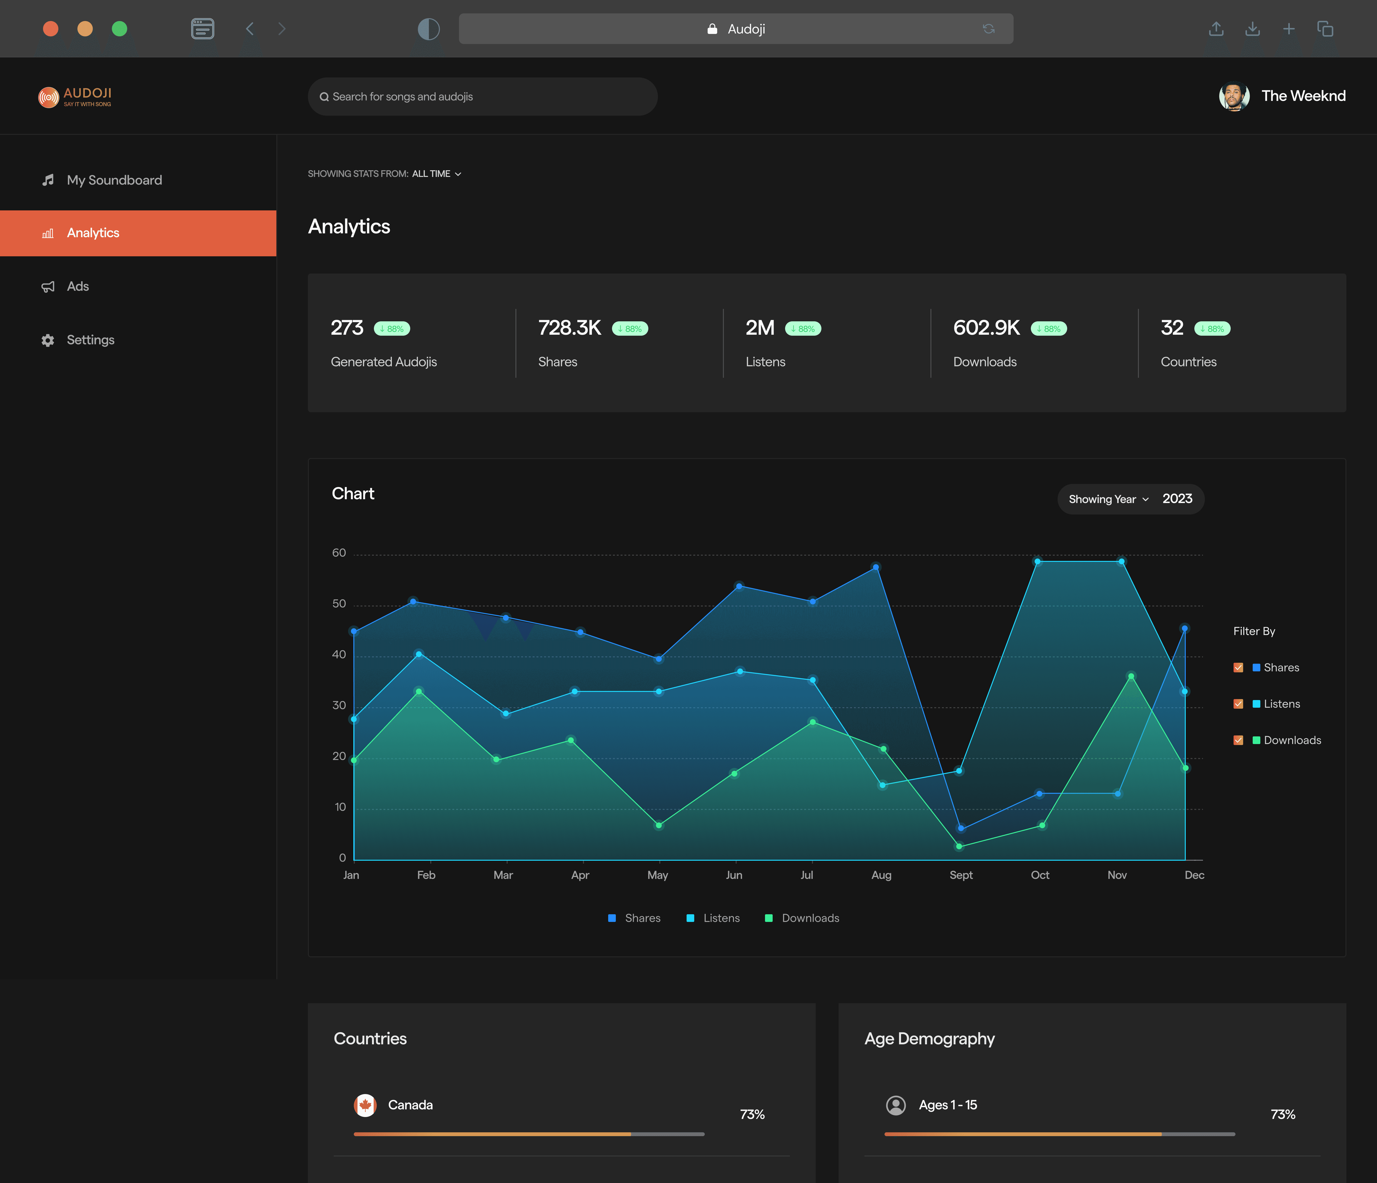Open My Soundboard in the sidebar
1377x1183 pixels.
[114, 180]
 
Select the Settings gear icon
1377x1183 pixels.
[48, 340]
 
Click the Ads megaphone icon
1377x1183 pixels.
[48, 286]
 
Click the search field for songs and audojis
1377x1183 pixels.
[482, 96]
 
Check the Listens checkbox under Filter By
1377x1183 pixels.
[1238, 704]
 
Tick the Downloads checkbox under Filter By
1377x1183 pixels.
[1238, 740]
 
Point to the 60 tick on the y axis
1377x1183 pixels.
[339, 553]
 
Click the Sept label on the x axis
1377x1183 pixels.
[961, 875]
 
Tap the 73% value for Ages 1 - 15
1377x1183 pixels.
[1283, 1115]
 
